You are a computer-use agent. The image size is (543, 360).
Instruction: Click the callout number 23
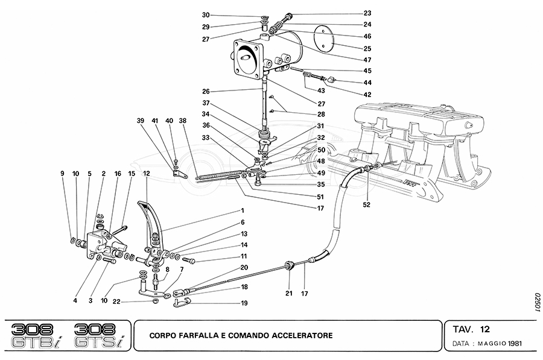click(367, 13)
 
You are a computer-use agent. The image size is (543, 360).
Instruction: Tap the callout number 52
click(367, 204)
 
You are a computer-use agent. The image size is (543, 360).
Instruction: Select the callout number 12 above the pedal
click(147, 174)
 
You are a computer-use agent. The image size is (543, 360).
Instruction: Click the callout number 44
click(367, 83)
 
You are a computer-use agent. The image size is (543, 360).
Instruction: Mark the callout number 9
click(62, 174)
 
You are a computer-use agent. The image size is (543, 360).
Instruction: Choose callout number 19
click(244, 303)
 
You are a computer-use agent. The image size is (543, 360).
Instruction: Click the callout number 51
click(320, 197)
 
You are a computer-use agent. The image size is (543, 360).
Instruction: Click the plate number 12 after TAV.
click(485, 330)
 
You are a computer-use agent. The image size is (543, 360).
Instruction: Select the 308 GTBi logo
click(36, 335)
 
